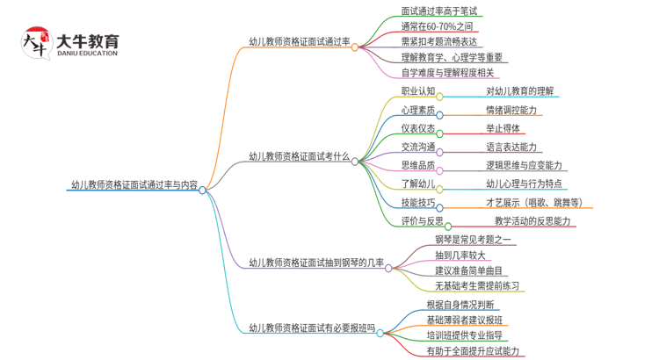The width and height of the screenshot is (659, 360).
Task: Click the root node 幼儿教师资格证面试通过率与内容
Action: point(134,185)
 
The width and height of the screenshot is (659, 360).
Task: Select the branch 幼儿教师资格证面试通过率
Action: point(299,41)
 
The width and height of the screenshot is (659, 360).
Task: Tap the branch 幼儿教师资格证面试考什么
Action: point(299,157)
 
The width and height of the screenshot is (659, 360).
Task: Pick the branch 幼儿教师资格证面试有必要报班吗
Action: point(312,328)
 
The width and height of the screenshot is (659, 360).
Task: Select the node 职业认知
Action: point(417,90)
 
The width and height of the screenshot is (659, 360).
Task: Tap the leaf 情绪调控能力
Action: point(511,110)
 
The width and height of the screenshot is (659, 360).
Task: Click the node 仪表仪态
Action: point(417,128)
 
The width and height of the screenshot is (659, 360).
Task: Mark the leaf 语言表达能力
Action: point(511,147)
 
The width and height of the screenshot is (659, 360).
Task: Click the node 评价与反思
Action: point(422,220)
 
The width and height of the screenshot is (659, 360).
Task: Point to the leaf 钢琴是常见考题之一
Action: point(473,240)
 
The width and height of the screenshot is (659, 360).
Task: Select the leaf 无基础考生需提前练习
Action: point(478,285)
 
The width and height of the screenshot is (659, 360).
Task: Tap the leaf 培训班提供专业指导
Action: point(465,335)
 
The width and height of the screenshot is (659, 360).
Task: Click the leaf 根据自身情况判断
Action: point(454,305)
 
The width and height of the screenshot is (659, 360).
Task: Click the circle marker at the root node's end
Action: point(202,190)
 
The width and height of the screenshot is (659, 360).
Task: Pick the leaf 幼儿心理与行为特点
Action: point(524,184)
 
